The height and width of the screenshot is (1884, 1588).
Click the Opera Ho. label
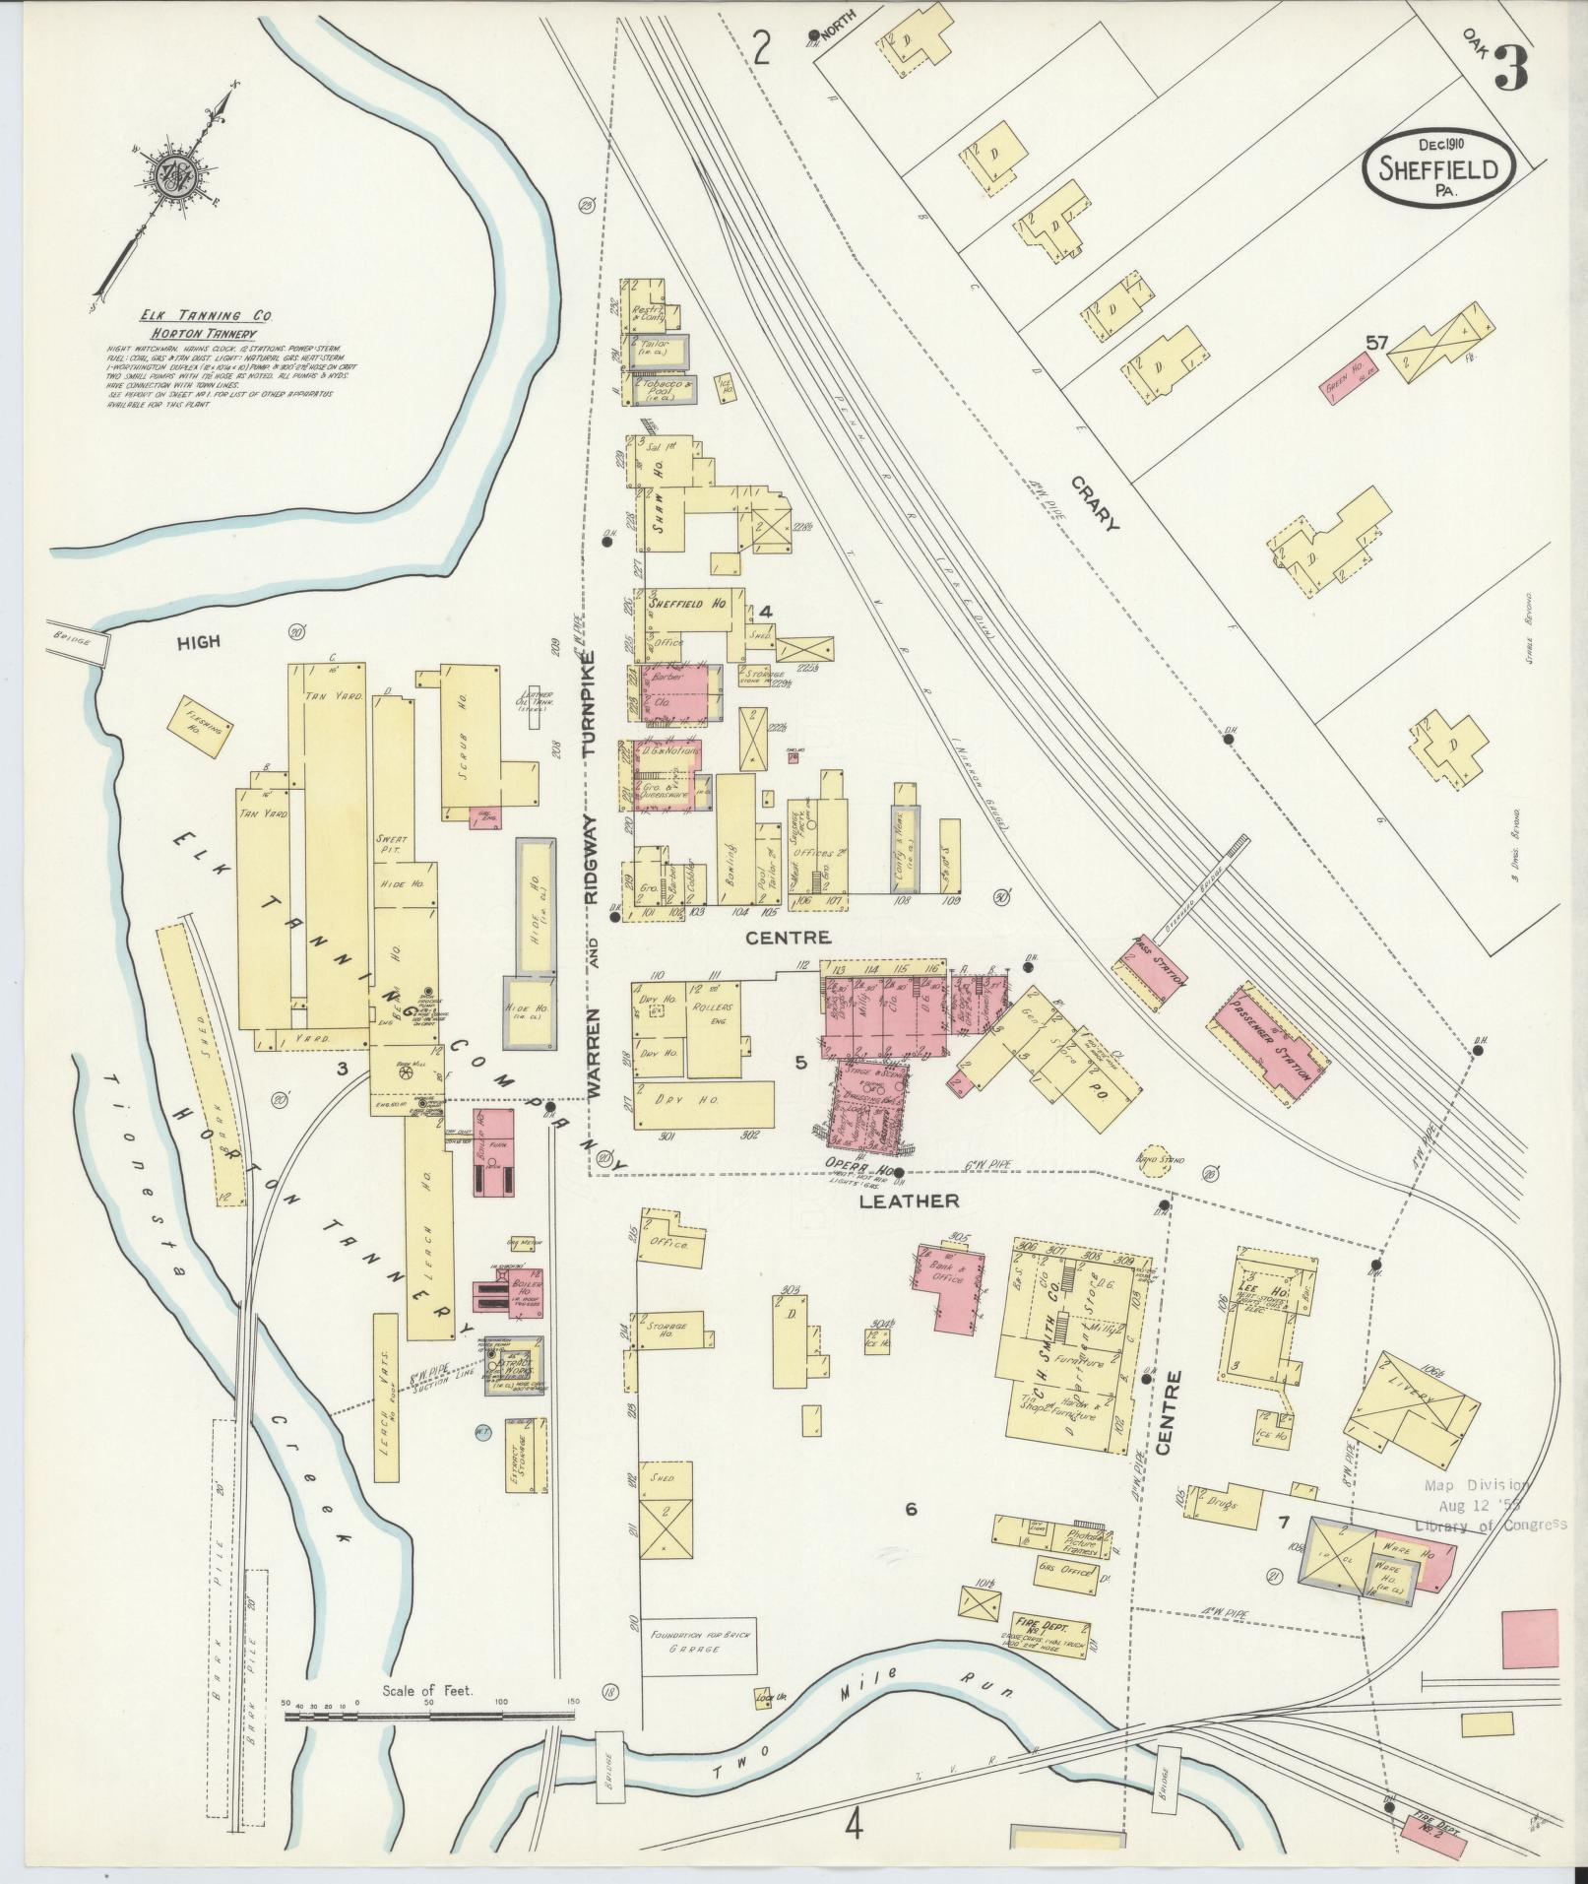pos(864,1170)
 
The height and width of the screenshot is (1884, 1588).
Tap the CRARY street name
pos(1095,502)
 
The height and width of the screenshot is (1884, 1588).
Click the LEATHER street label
pos(909,1201)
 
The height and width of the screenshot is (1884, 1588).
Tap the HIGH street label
pos(198,642)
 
